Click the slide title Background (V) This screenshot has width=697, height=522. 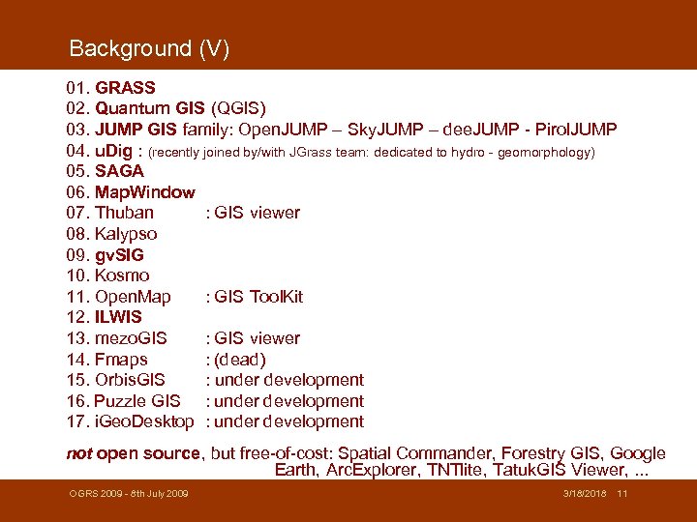(x=149, y=48)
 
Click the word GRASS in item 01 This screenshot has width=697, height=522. (x=125, y=88)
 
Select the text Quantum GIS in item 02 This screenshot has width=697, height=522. (x=149, y=108)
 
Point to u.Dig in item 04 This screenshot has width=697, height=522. (x=114, y=151)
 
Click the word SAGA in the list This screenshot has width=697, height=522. (x=119, y=171)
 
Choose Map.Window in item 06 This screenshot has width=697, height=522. (x=144, y=192)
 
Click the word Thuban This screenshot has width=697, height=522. (x=124, y=213)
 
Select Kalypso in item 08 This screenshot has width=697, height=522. (x=126, y=234)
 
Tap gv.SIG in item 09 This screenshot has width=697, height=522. (x=119, y=255)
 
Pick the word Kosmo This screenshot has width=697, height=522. (x=122, y=275)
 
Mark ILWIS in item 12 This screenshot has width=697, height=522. (x=118, y=317)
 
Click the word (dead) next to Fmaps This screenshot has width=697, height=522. (x=240, y=360)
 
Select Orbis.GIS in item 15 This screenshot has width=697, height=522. (x=130, y=380)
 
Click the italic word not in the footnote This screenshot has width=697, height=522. (x=78, y=453)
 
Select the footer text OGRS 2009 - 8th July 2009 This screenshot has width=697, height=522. (x=128, y=495)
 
